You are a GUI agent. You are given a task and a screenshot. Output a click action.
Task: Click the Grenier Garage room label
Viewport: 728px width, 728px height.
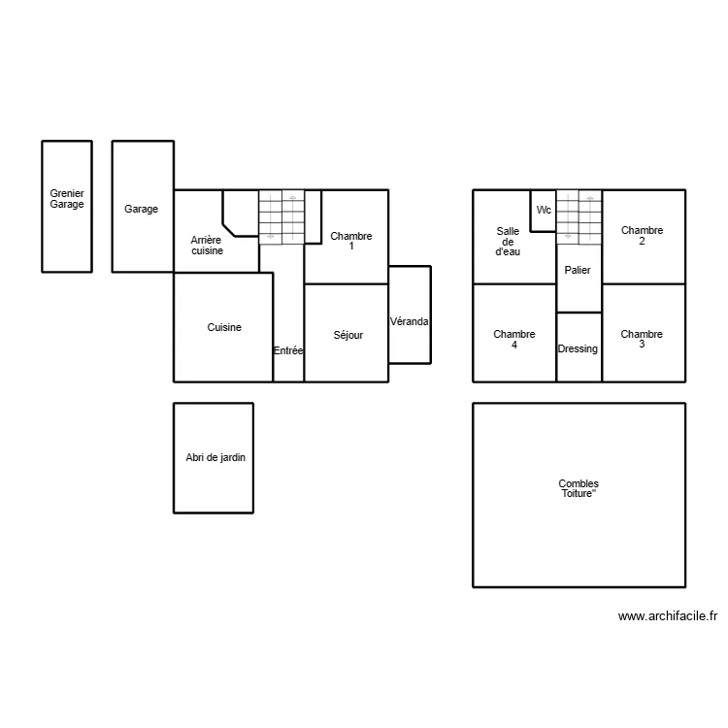(67, 199)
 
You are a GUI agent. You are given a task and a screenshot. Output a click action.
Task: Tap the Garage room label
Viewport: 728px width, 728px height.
(141, 209)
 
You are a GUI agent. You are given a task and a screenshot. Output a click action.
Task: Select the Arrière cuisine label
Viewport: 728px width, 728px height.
(207, 245)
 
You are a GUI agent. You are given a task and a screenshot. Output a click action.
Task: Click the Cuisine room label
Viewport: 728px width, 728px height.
(224, 328)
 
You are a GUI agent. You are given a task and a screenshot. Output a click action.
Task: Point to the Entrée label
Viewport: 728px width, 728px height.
(288, 350)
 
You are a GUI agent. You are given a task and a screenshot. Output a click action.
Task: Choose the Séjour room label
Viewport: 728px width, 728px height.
(347, 335)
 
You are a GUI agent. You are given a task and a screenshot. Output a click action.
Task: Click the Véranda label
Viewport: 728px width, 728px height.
(410, 321)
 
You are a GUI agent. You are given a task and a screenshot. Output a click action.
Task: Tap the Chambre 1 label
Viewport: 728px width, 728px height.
(350, 241)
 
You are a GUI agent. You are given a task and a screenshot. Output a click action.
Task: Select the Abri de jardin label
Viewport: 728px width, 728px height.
(215, 458)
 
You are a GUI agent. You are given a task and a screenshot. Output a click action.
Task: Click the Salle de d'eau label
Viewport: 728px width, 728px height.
(508, 241)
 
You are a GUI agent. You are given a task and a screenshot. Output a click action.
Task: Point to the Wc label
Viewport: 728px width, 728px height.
(544, 210)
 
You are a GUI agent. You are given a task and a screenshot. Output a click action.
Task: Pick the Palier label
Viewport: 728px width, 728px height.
(578, 270)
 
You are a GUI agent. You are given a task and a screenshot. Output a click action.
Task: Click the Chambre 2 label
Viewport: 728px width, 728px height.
(642, 236)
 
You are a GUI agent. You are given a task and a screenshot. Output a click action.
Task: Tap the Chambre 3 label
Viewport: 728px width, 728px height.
(642, 339)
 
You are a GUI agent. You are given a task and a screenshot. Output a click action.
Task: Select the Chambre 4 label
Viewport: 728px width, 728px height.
(513, 339)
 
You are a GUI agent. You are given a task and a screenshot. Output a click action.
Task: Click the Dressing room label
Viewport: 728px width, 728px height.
(578, 348)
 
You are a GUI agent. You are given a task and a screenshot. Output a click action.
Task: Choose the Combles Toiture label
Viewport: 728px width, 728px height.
(579, 488)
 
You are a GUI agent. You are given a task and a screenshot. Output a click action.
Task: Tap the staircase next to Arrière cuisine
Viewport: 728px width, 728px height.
(281, 215)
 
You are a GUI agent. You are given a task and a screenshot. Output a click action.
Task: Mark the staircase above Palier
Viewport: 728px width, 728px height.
(579, 215)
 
